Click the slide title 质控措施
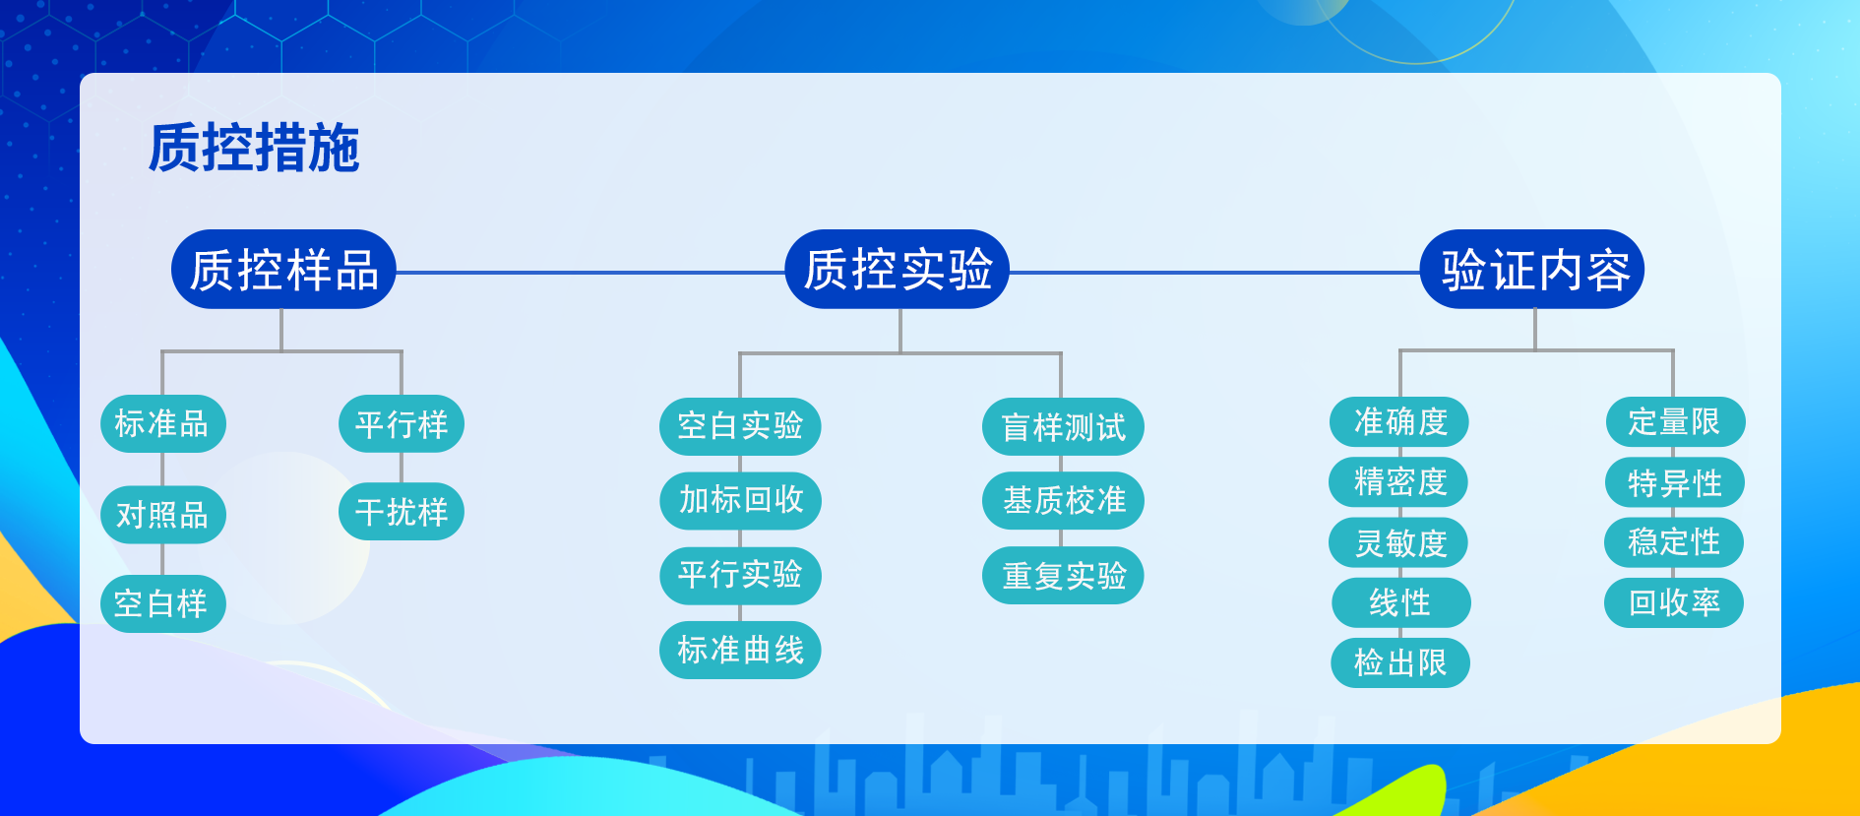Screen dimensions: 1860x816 pos(254,148)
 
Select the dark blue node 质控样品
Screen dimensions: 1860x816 pos(283,270)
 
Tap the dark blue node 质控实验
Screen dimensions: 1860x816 pos(898,270)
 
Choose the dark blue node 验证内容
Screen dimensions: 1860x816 pos(1532,270)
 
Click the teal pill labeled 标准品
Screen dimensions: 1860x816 pos(162,424)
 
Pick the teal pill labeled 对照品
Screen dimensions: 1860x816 pos(163,515)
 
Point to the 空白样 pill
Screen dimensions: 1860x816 pos(162,603)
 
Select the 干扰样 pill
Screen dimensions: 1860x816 pos(402,512)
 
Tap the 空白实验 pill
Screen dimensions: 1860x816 pos(740,426)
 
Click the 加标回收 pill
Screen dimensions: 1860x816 pos(740,500)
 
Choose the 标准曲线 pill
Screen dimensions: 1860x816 pos(740,650)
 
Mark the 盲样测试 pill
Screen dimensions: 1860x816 pos(1063,427)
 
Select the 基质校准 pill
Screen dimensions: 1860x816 pos(1063,501)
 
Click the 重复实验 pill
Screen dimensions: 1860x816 pos(1063,576)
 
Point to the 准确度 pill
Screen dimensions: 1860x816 pos(1399,422)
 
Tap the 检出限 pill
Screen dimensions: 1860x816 pos(1400,662)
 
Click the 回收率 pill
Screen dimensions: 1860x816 pos(1674,602)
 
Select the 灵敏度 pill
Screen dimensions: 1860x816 pos(1398,542)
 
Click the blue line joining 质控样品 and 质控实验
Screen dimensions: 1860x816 pos(590,273)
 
